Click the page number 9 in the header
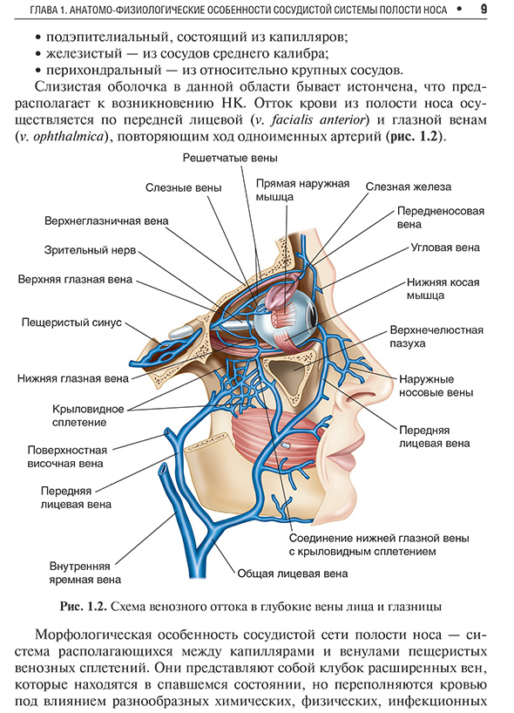click(x=484, y=9)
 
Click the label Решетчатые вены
click(x=230, y=158)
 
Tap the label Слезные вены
click(x=184, y=187)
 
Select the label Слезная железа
click(x=409, y=187)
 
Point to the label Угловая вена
click(x=445, y=248)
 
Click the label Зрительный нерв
click(x=90, y=250)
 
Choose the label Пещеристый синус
click(x=71, y=323)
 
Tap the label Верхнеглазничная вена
click(x=106, y=221)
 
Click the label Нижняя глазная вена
click(x=73, y=378)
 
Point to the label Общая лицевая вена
click(x=293, y=574)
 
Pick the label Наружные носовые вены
click(x=436, y=386)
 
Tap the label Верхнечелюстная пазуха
click(x=436, y=336)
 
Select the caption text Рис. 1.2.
click(x=83, y=607)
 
